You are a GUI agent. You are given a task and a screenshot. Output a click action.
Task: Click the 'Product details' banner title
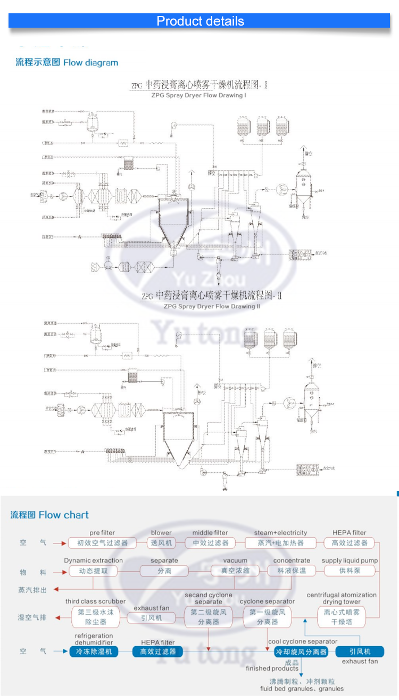click(x=200, y=21)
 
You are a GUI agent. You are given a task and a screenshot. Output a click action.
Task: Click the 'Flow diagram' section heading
click(x=67, y=63)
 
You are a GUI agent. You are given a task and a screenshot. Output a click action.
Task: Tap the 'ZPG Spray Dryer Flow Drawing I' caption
click(x=198, y=96)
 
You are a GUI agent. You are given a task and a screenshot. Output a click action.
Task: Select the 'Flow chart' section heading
click(x=50, y=515)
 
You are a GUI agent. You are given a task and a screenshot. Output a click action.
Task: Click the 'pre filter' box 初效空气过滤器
click(x=103, y=543)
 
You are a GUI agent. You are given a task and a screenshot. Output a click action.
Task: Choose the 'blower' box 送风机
click(x=161, y=543)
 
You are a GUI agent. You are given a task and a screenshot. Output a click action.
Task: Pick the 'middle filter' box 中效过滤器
click(x=210, y=543)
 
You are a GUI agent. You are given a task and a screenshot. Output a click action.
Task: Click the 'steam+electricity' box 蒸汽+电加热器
click(x=280, y=543)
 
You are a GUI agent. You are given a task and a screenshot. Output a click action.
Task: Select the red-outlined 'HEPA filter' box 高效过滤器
click(x=349, y=543)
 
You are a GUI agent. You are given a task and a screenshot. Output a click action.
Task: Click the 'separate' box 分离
click(x=164, y=571)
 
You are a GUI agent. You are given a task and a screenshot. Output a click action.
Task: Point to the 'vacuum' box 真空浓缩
click(x=235, y=571)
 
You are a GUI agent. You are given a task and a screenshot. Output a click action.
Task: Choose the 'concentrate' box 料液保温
click(x=292, y=571)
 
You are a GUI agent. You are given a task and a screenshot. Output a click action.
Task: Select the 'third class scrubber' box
click(x=95, y=617)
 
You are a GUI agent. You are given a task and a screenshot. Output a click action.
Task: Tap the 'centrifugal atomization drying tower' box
click(x=342, y=617)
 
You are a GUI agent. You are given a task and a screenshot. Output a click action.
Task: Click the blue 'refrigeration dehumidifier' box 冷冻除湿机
click(x=94, y=651)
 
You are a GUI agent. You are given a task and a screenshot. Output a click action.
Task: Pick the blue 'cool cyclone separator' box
click(x=301, y=651)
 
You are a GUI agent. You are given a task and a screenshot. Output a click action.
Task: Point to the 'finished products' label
click(x=272, y=668)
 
